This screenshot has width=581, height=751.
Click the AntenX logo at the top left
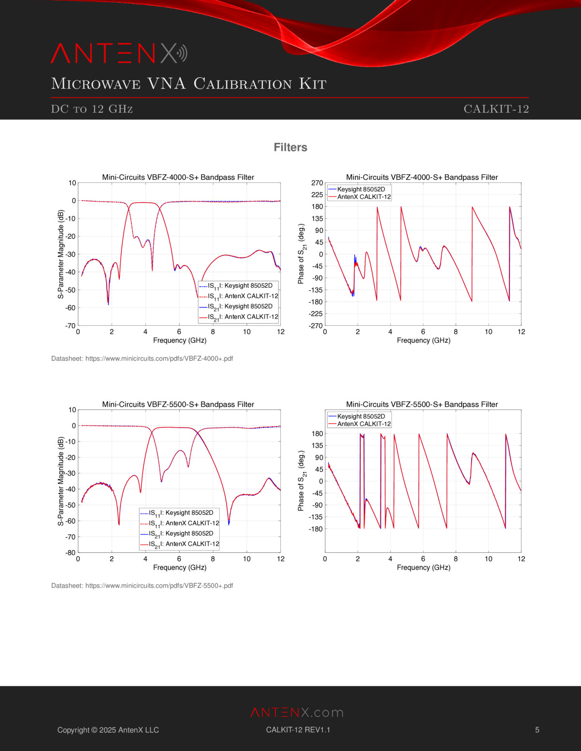[119, 53]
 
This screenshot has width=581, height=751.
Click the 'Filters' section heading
[290, 147]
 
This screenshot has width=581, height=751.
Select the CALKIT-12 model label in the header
[496, 109]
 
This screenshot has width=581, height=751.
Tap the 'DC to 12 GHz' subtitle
[92, 109]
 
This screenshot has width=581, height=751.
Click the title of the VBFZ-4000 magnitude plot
[178, 177]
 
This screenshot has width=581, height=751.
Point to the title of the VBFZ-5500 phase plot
[422, 404]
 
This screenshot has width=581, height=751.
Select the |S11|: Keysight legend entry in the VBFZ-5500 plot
[181, 513]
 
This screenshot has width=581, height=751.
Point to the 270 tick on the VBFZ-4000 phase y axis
[317, 183]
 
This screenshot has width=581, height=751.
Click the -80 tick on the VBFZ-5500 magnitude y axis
[71, 553]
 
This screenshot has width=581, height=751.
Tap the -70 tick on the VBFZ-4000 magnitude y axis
[71, 326]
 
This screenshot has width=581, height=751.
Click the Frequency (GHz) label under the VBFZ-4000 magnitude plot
[180, 340]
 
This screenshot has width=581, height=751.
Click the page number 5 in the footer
[537, 730]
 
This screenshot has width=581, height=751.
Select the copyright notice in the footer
[108, 730]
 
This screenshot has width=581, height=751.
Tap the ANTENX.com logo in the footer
[297, 712]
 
